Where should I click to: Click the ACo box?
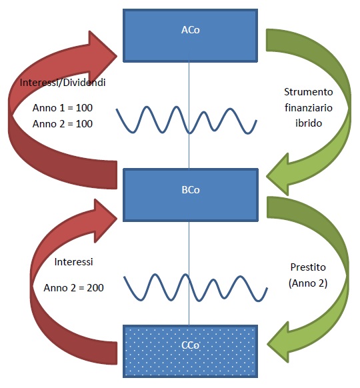pos(190,35)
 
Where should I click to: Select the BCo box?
pos(191,195)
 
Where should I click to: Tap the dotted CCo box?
pos(190,351)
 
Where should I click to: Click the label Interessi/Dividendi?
pos(63,83)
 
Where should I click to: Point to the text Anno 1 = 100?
pos(63,108)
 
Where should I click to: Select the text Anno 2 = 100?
pos(63,124)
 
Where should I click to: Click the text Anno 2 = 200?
pos(74,288)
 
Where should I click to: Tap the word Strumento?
pos(309,92)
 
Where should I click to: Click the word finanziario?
pos(309,107)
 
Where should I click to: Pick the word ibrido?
pos(309,123)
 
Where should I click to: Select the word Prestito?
pos(308,267)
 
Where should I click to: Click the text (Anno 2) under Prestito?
pos(308,283)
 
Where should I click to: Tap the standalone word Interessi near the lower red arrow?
pos(74,262)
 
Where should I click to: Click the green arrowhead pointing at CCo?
pos(277,343)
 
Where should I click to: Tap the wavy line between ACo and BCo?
pos(187,120)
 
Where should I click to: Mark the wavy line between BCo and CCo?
pos(195,287)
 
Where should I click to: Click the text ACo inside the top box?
pos(190,30)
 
